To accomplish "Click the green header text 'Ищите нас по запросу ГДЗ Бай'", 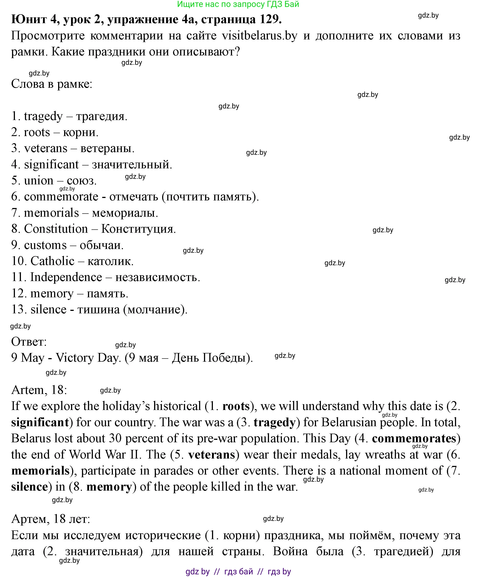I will (238, 4).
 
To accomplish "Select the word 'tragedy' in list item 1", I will (43, 116).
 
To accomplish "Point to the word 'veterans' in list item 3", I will (46, 148).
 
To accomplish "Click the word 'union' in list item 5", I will (39, 181).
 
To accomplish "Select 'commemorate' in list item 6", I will (61, 197).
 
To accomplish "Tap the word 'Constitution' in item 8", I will (56, 229).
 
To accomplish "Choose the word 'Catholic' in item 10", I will (52, 261).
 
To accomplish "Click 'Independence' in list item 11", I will (66, 277).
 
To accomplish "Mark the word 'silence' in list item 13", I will (48, 310).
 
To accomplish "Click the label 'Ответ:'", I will (29, 342).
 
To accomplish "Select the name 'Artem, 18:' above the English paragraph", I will (39, 390).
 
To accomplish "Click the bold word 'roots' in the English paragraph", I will (236, 406).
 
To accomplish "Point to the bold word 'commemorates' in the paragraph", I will (414, 438).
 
